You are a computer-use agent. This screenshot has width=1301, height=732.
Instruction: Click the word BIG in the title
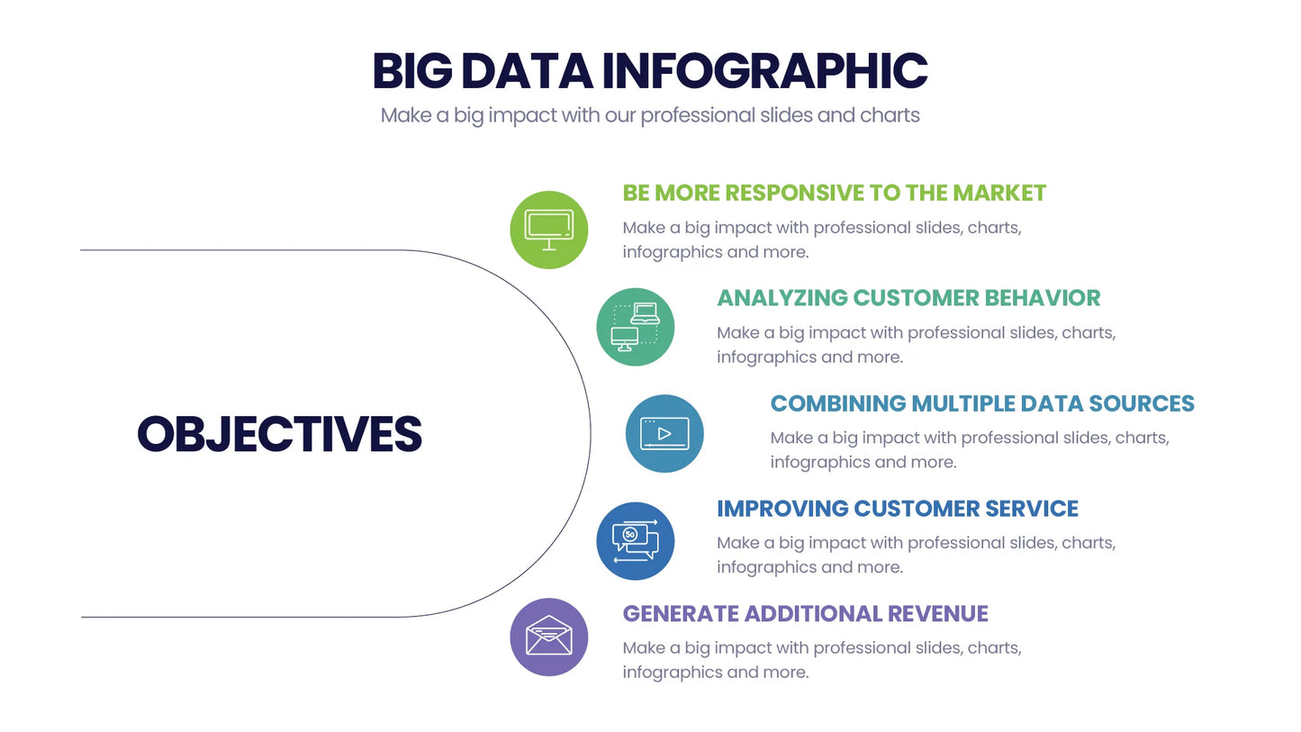[x=412, y=72]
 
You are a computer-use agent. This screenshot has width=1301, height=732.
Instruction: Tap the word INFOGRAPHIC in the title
[x=764, y=72]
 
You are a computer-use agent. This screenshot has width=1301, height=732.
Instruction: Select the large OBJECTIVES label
[x=279, y=434]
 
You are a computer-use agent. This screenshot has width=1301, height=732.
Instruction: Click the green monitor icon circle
[x=549, y=230]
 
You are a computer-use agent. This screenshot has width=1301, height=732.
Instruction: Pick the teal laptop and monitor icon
[x=636, y=327]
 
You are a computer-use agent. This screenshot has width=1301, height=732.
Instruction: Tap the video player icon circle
[x=664, y=433]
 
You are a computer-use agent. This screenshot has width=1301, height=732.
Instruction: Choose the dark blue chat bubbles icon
[x=636, y=540]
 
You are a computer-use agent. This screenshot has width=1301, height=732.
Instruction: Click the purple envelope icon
[x=549, y=637]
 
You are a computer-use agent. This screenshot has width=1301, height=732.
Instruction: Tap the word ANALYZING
[x=782, y=298]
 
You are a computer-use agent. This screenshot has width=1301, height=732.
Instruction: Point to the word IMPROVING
[x=782, y=509]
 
